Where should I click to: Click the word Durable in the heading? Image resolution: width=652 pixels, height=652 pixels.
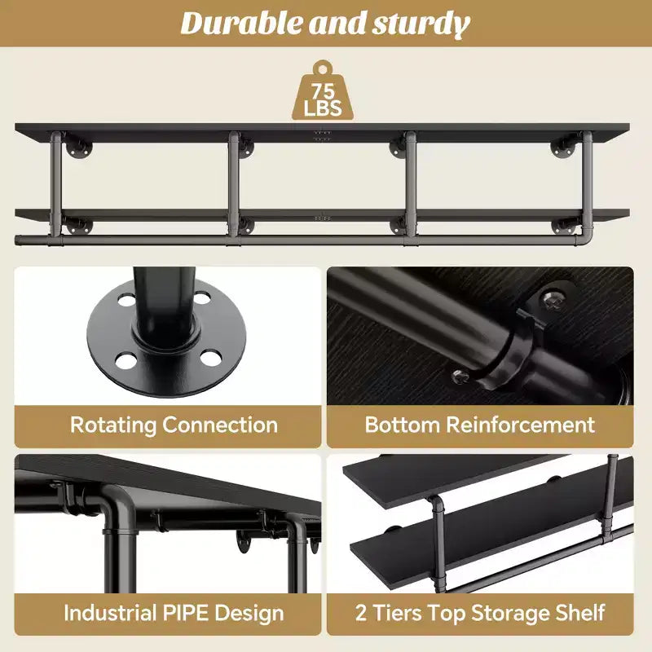[x=242, y=24]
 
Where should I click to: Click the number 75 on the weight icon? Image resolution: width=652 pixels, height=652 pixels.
[x=323, y=91]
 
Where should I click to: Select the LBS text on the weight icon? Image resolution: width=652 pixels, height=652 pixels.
[x=323, y=108]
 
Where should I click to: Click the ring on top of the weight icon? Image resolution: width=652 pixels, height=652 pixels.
[x=323, y=67]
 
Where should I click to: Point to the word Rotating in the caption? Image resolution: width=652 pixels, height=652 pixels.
[x=112, y=425]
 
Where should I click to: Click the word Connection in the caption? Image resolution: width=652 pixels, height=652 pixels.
[x=220, y=425]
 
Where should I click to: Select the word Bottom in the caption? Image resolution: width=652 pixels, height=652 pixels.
[x=402, y=425]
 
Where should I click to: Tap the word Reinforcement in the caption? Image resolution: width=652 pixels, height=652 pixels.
[x=520, y=425]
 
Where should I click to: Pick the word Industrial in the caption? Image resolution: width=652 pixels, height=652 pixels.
[x=110, y=613]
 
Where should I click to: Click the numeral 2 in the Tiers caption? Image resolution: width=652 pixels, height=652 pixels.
[x=361, y=613]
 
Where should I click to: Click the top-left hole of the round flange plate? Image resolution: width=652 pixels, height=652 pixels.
[x=126, y=300]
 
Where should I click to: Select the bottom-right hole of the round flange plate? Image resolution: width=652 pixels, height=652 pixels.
[x=210, y=359]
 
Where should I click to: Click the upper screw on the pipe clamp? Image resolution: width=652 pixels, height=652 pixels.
[x=553, y=299]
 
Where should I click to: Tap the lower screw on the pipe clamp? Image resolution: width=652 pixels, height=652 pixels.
[x=460, y=377]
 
